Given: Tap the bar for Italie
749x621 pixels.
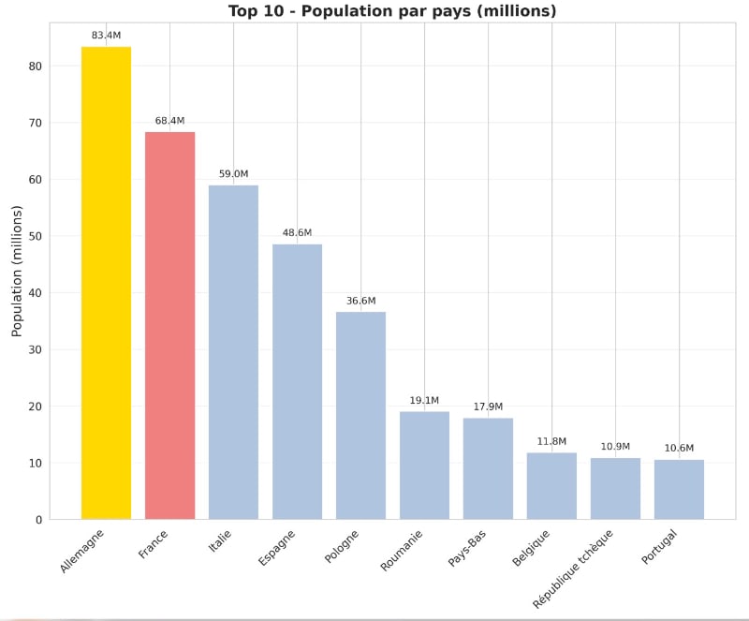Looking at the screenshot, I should point(233,352).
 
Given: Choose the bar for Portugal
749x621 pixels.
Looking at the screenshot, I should point(679,489).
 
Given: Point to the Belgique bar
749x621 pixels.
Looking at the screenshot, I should point(551,486).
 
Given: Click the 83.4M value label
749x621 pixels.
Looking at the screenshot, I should point(106,36).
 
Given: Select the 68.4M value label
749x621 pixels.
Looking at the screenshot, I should point(169,121).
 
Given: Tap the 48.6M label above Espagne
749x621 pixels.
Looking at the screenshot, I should point(297,233).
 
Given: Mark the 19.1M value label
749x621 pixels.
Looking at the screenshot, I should point(424,401).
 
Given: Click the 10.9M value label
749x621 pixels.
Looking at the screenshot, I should point(615,447).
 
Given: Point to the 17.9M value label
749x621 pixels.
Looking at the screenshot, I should point(488,407).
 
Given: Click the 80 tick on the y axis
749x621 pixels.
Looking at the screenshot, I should point(35,67).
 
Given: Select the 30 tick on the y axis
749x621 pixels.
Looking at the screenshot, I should point(35,350).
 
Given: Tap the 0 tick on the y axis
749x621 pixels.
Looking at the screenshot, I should point(38,520).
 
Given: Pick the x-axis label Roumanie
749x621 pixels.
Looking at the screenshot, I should point(403,550).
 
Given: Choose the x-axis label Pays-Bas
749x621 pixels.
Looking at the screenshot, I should point(468,548).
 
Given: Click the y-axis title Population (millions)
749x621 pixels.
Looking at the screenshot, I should point(17,271).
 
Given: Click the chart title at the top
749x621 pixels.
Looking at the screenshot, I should point(392,11).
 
